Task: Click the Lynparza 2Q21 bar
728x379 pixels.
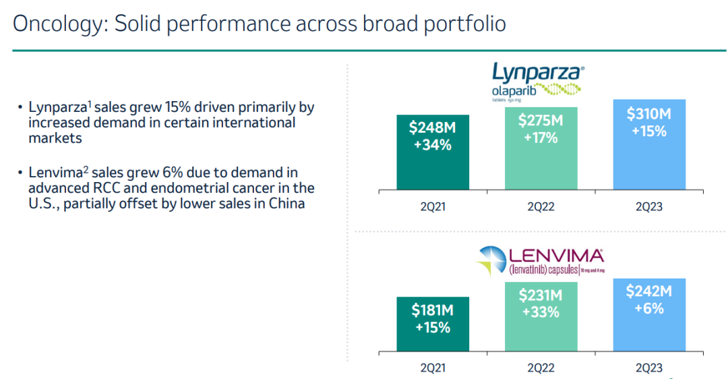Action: (432, 152)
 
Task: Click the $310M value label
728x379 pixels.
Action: (649, 114)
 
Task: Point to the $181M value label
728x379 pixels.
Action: (432, 312)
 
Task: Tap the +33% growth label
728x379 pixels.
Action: (541, 312)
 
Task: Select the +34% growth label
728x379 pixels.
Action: (432, 144)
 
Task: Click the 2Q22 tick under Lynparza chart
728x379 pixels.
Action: (541, 206)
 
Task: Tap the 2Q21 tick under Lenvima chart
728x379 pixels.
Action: (432, 368)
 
